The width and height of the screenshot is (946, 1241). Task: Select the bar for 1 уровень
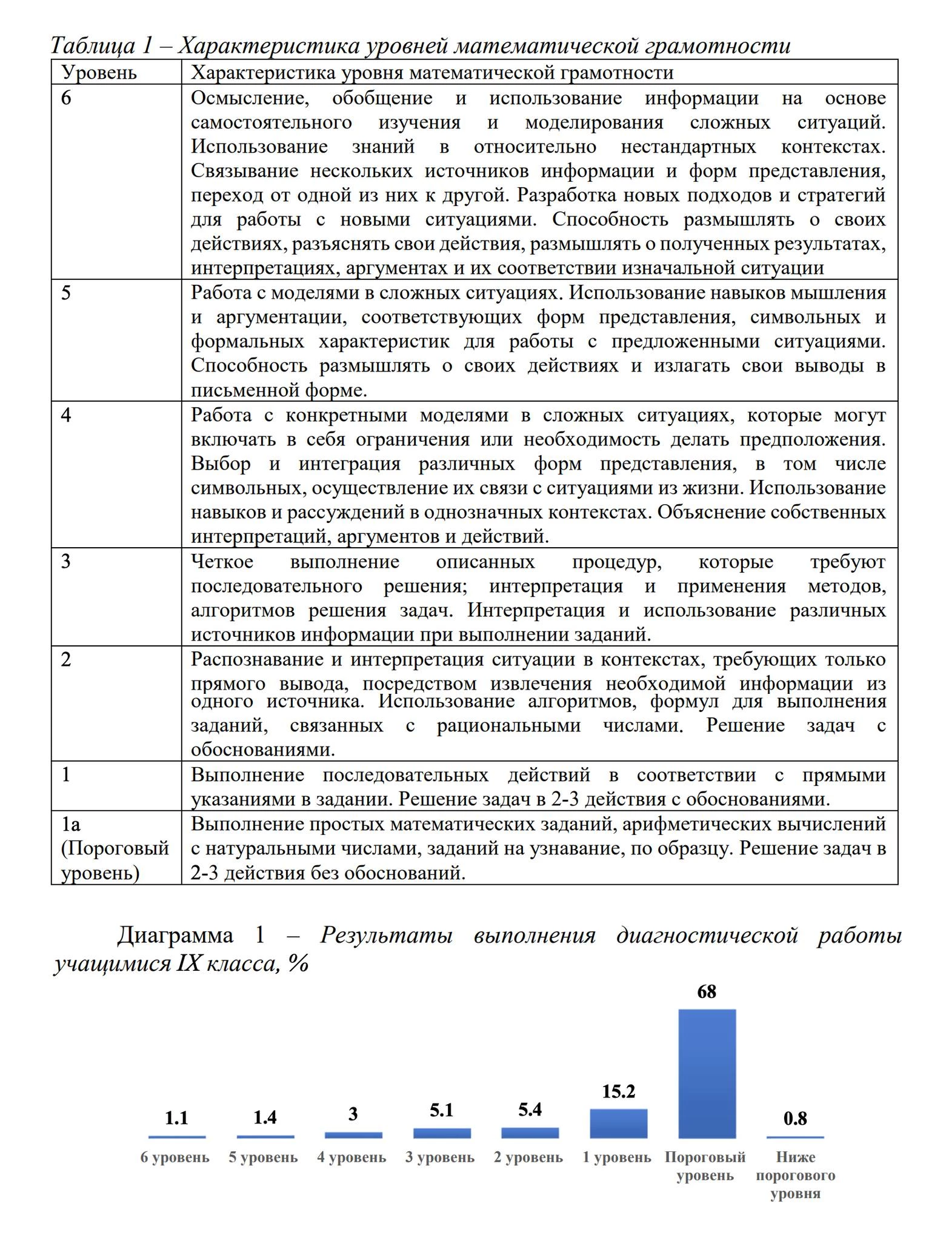pos(618,1123)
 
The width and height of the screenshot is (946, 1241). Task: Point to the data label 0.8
pos(795,1119)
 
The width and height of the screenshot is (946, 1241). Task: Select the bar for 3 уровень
pos(442,1133)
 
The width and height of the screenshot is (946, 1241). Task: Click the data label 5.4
pos(530,1110)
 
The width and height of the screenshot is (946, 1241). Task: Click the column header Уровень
pos(99,73)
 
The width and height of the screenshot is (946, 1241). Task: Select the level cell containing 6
pos(66,98)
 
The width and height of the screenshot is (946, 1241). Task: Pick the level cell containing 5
pos(66,293)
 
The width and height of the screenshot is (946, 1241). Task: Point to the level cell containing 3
pos(66,562)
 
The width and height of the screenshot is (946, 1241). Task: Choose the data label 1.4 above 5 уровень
pos(265,1117)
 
